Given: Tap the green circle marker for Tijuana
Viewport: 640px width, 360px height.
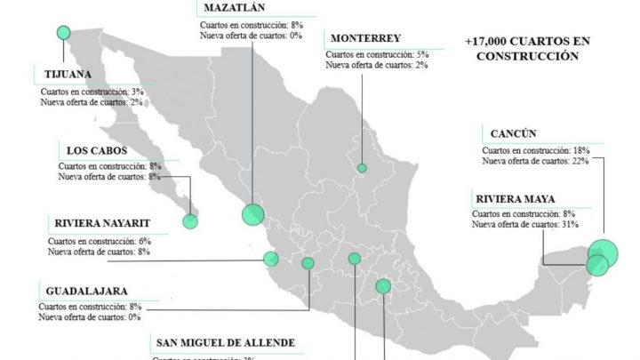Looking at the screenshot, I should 63,33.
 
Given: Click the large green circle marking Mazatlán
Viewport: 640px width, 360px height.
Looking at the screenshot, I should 253,214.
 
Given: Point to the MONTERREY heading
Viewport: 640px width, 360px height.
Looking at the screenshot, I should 365,38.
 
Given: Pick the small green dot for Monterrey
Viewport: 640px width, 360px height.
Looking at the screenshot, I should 362,168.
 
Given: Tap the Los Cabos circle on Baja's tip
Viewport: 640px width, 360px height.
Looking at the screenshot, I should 189,220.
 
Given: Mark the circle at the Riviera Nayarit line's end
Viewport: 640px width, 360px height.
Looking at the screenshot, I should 271,260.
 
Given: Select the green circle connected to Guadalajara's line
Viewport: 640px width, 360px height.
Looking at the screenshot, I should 308,263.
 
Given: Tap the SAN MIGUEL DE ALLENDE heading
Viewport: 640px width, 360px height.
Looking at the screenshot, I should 225,343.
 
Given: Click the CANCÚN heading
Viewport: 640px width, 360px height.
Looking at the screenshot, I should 513,134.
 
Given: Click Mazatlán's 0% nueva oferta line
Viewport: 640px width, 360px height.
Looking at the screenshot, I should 252,36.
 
